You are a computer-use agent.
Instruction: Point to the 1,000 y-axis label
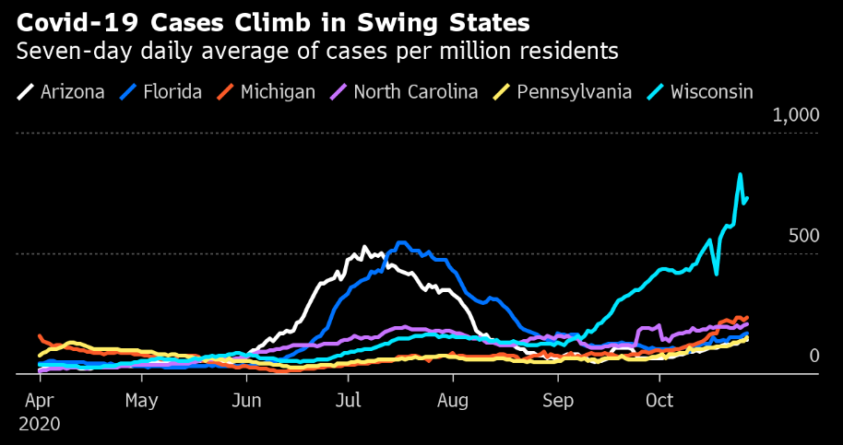tap(794, 115)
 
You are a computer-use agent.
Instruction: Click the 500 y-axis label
tap(804, 236)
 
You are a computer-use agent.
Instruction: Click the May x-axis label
tap(142, 402)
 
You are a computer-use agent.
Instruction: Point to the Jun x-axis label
tap(245, 402)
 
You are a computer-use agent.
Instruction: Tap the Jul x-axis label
tap(347, 402)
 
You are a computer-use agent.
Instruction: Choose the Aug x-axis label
tap(453, 402)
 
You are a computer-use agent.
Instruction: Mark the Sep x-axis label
tap(557, 402)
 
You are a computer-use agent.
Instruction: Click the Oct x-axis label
tap(659, 402)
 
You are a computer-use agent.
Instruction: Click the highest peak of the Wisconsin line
tap(740, 174)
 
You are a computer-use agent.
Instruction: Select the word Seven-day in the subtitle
tap(61, 51)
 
